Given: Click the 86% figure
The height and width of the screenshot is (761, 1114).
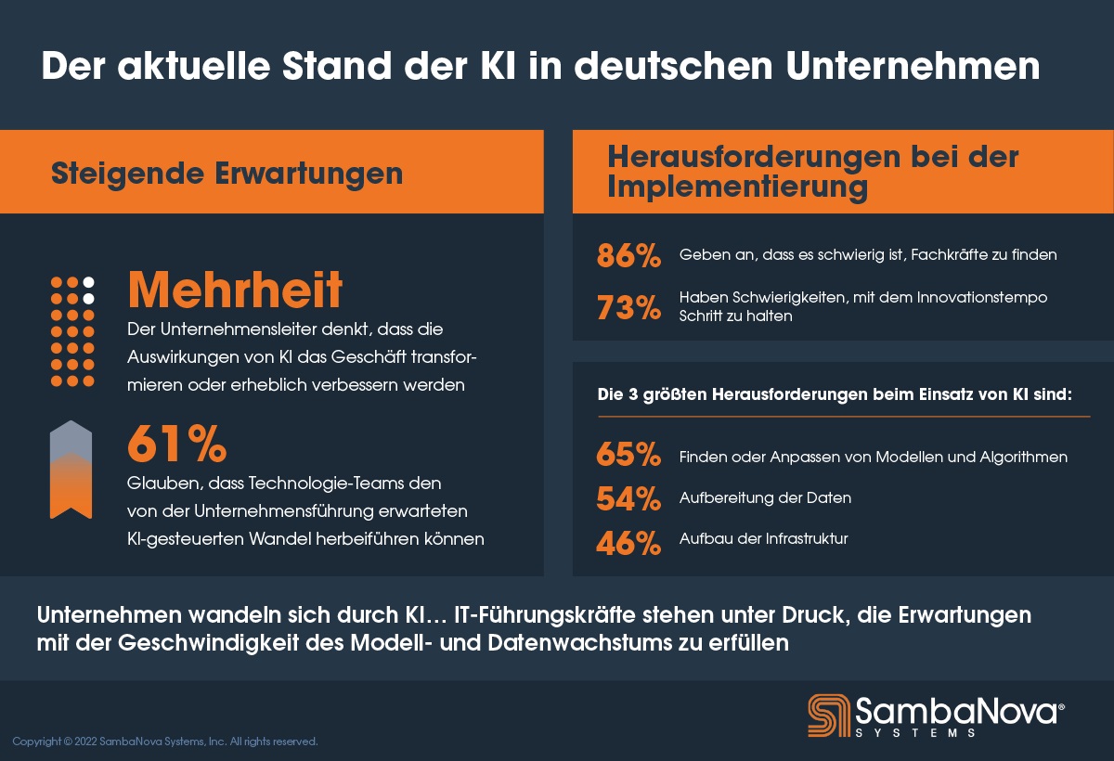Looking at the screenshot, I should click(x=628, y=255).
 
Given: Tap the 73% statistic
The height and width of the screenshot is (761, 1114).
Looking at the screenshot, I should click(x=628, y=307).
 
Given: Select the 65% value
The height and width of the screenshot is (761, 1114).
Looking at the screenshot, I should click(x=628, y=457).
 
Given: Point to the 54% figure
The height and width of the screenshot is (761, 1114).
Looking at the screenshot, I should click(x=628, y=498).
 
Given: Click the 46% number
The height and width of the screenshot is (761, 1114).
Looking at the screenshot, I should click(x=628, y=542).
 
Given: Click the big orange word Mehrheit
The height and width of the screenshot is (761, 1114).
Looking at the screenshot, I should click(x=235, y=290).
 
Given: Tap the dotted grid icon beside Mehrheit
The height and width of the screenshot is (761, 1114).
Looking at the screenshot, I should click(x=72, y=331).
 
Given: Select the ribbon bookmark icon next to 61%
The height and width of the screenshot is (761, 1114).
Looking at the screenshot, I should click(x=71, y=470).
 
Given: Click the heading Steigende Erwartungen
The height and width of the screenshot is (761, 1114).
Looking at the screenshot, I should click(x=227, y=174).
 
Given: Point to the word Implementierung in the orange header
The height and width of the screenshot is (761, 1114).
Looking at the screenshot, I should click(x=738, y=187).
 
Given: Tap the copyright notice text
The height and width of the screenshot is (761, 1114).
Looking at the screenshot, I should click(x=165, y=742).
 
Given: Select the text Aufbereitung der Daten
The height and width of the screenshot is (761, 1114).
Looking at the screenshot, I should click(x=765, y=498).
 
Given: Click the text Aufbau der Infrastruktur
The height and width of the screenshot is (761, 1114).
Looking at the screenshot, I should click(x=763, y=538).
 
